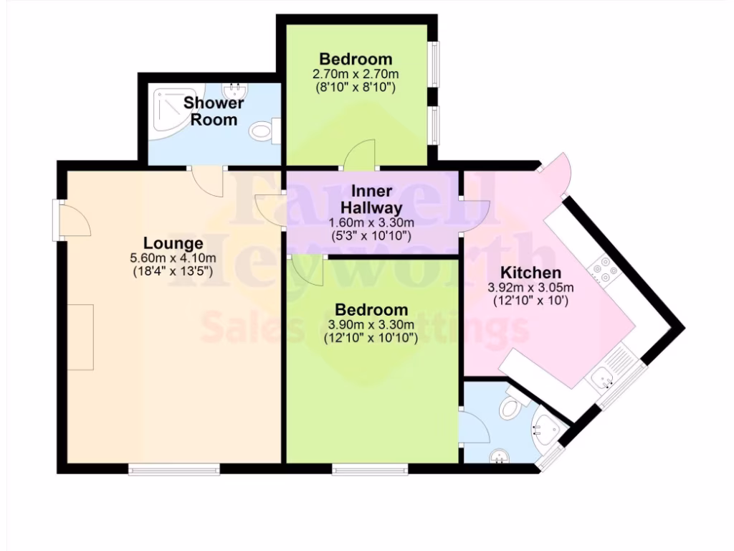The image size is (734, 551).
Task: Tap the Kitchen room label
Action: coord(530,273)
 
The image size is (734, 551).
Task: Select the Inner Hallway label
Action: coord(371,199)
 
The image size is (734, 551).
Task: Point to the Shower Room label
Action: coord(214,111)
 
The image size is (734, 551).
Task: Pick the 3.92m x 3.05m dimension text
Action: coord(530,288)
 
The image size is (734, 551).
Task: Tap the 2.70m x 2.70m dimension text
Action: coord(356,73)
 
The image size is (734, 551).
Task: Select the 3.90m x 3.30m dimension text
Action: coord(371,324)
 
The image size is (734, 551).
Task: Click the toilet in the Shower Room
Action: coord(263,131)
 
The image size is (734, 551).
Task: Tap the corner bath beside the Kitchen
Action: coord(548,428)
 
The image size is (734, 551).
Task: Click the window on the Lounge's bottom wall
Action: coord(174,469)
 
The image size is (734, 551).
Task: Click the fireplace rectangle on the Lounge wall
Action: coord(81,336)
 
